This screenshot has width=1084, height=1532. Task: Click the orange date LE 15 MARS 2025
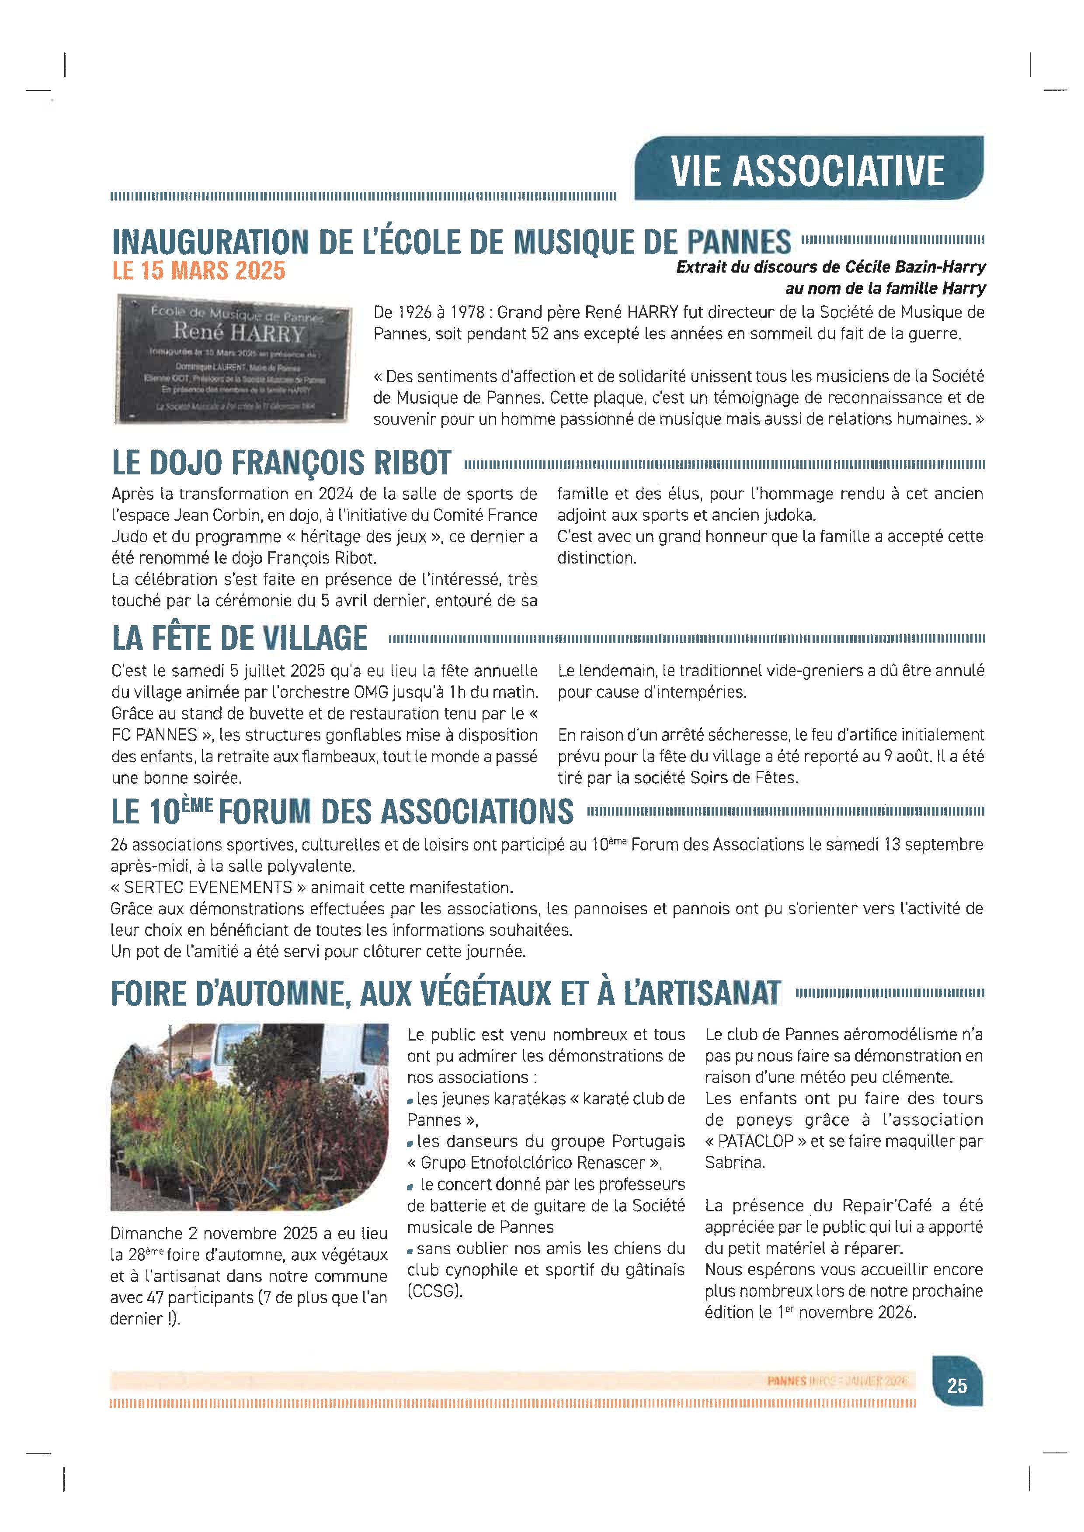198,270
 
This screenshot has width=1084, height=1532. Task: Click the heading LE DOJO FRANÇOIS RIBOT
281,463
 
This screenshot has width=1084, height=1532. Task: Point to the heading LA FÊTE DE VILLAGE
239,638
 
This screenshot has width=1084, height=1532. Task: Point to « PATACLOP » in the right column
755,1141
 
